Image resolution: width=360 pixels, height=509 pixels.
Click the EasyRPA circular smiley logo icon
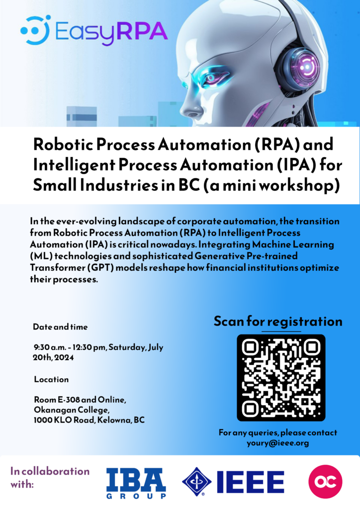pyautogui.click(x=35, y=30)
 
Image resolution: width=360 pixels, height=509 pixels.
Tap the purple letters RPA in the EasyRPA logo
pyautogui.click(x=142, y=32)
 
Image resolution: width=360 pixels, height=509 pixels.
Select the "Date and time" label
pyautogui.click(x=60, y=327)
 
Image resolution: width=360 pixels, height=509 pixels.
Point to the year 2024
pyautogui.click(x=64, y=358)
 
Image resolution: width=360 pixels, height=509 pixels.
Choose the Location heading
pyautogui.click(x=51, y=379)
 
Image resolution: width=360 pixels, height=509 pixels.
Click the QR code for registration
pyautogui.click(x=281, y=378)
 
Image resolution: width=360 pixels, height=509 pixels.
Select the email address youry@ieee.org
pyautogui.click(x=278, y=443)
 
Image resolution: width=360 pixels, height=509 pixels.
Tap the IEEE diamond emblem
pyautogui.click(x=196, y=482)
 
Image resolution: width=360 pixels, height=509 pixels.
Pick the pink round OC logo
pyautogui.click(x=325, y=482)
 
